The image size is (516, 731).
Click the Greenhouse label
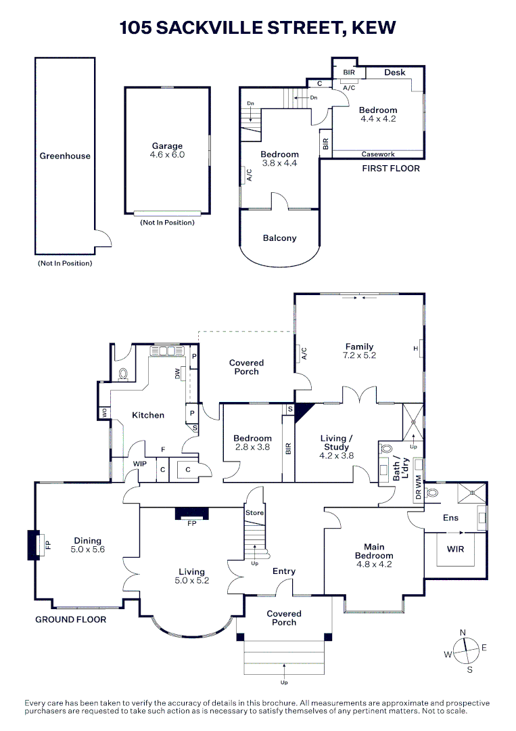coord(65,156)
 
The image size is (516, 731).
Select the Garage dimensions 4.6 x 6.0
coord(167,155)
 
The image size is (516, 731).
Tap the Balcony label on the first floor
coord(279,238)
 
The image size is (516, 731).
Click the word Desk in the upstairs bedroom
coord(395,72)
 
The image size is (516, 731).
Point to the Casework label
coord(378,154)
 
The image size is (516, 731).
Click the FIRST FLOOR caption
coord(391,169)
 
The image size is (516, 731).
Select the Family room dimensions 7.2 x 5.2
coord(359,355)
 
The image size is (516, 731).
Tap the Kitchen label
coord(148,415)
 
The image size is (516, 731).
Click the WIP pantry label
coord(140,464)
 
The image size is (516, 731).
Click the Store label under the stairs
coord(254,513)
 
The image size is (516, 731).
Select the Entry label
coord(284,571)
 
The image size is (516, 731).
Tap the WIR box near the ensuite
coord(456,549)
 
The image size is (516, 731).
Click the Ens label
coord(450,518)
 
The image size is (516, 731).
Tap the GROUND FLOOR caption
coord(71,619)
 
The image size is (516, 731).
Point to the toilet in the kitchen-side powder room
coord(124,373)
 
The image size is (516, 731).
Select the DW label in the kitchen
coord(178,373)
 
